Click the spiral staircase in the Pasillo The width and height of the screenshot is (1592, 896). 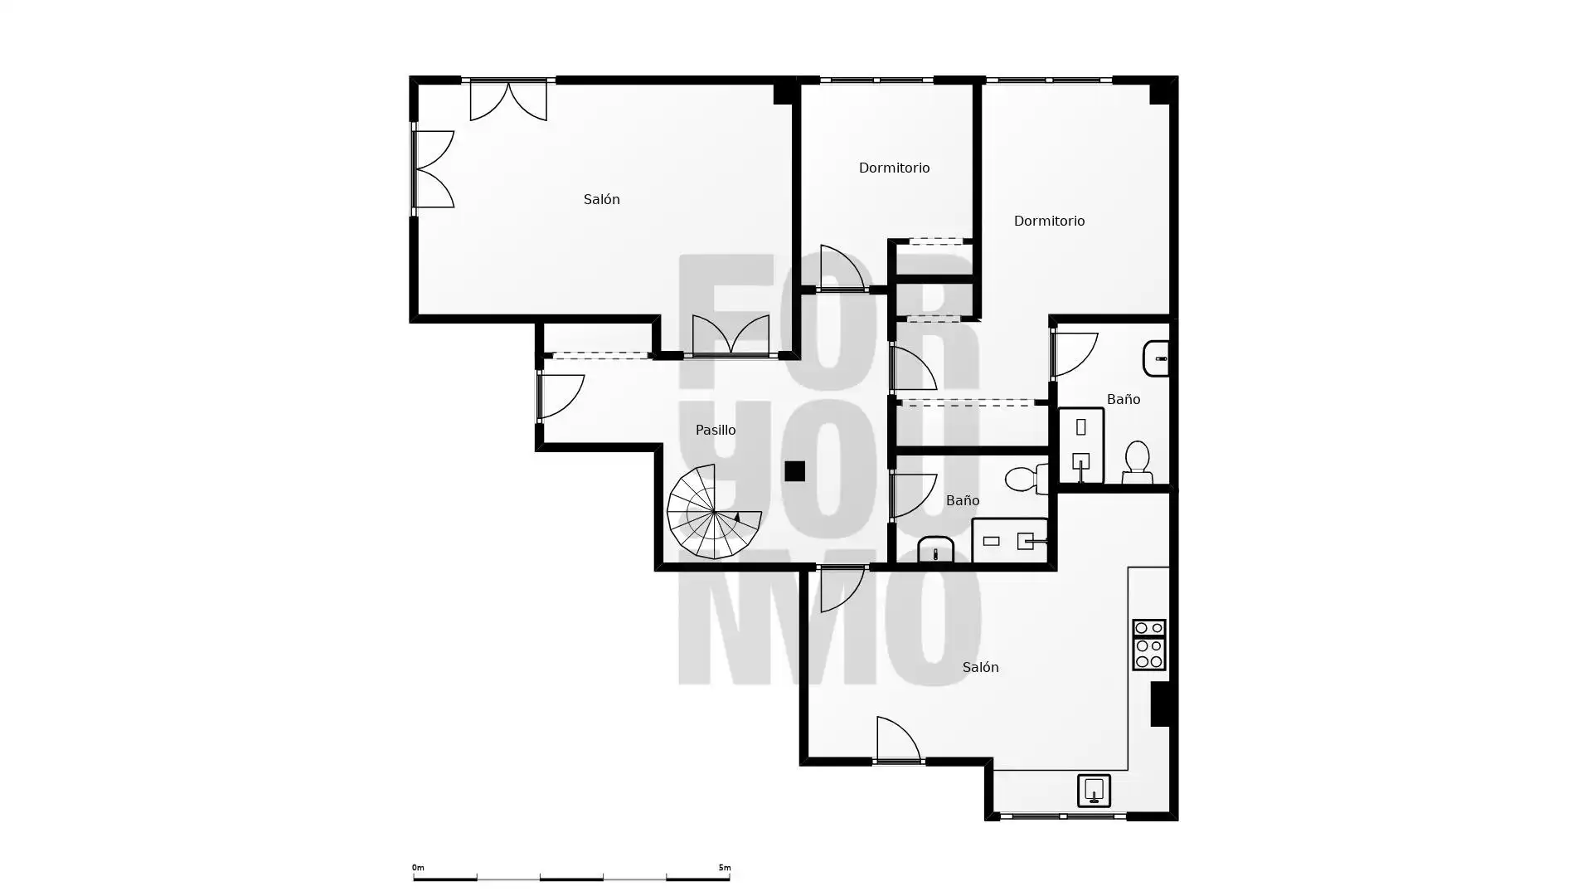tap(714, 512)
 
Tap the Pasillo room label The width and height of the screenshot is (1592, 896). tap(716, 430)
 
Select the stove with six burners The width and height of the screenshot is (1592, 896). tap(1149, 645)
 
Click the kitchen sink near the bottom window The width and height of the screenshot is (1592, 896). tap(1094, 791)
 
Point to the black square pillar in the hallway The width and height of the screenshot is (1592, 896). tap(794, 471)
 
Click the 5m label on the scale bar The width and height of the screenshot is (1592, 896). tap(725, 868)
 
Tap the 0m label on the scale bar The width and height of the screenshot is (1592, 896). tap(418, 868)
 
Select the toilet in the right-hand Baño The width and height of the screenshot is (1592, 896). tap(1137, 462)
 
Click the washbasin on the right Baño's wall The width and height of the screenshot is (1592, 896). tap(1156, 358)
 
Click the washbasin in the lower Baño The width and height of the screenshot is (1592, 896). tap(936, 550)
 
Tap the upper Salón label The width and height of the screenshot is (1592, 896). tap(601, 199)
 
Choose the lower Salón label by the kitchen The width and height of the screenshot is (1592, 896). tap(980, 667)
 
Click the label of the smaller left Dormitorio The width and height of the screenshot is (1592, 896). tap(894, 168)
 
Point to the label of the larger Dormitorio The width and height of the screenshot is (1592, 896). tap(1049, 221)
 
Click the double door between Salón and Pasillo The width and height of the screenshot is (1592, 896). tap(730, 336)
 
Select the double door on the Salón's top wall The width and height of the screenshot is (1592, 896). tap(508, 100)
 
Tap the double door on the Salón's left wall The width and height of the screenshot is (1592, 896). tap(434, 169)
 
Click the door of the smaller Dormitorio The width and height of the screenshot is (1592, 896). tap(842, 268)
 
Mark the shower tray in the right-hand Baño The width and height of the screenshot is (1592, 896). tap(1081, 446)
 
